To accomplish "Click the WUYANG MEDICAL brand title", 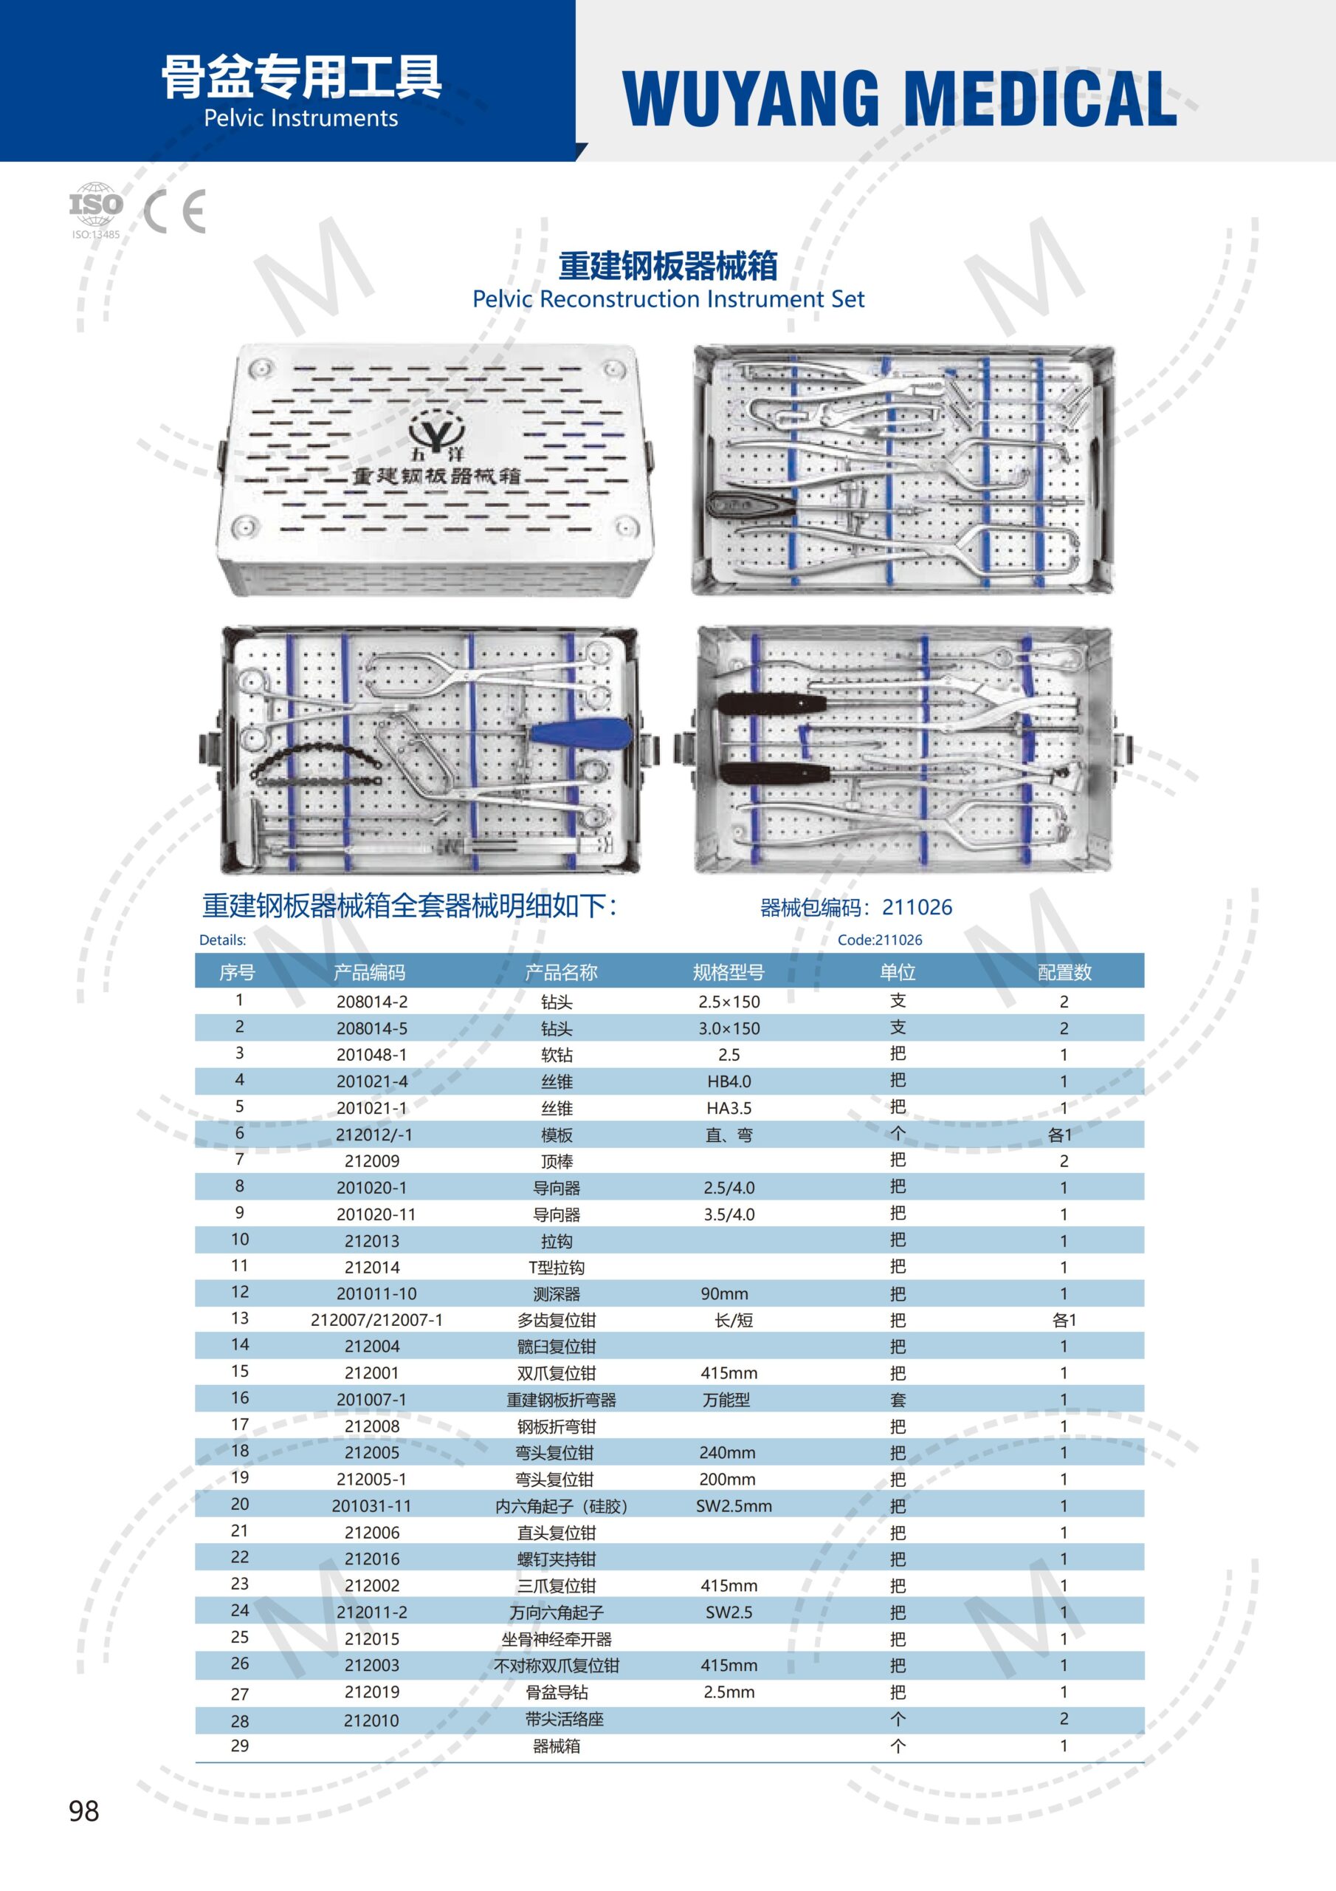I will (899, 98).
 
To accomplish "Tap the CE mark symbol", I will (174, 212).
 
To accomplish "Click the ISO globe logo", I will (95, 203).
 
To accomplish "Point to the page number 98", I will (84, 1811).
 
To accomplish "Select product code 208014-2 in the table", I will (372, 1002).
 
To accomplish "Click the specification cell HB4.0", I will (729, 1081).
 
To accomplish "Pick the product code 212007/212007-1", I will (376, 1319).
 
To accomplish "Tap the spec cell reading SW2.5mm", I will (734, 1505).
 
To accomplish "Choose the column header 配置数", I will (1064, 973).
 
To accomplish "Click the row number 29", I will (240, 1745).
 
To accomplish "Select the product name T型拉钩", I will (557, 1267).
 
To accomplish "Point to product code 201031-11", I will (371, 1505).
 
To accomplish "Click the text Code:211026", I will (879, 940).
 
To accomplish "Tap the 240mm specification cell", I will (727, 1453).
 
